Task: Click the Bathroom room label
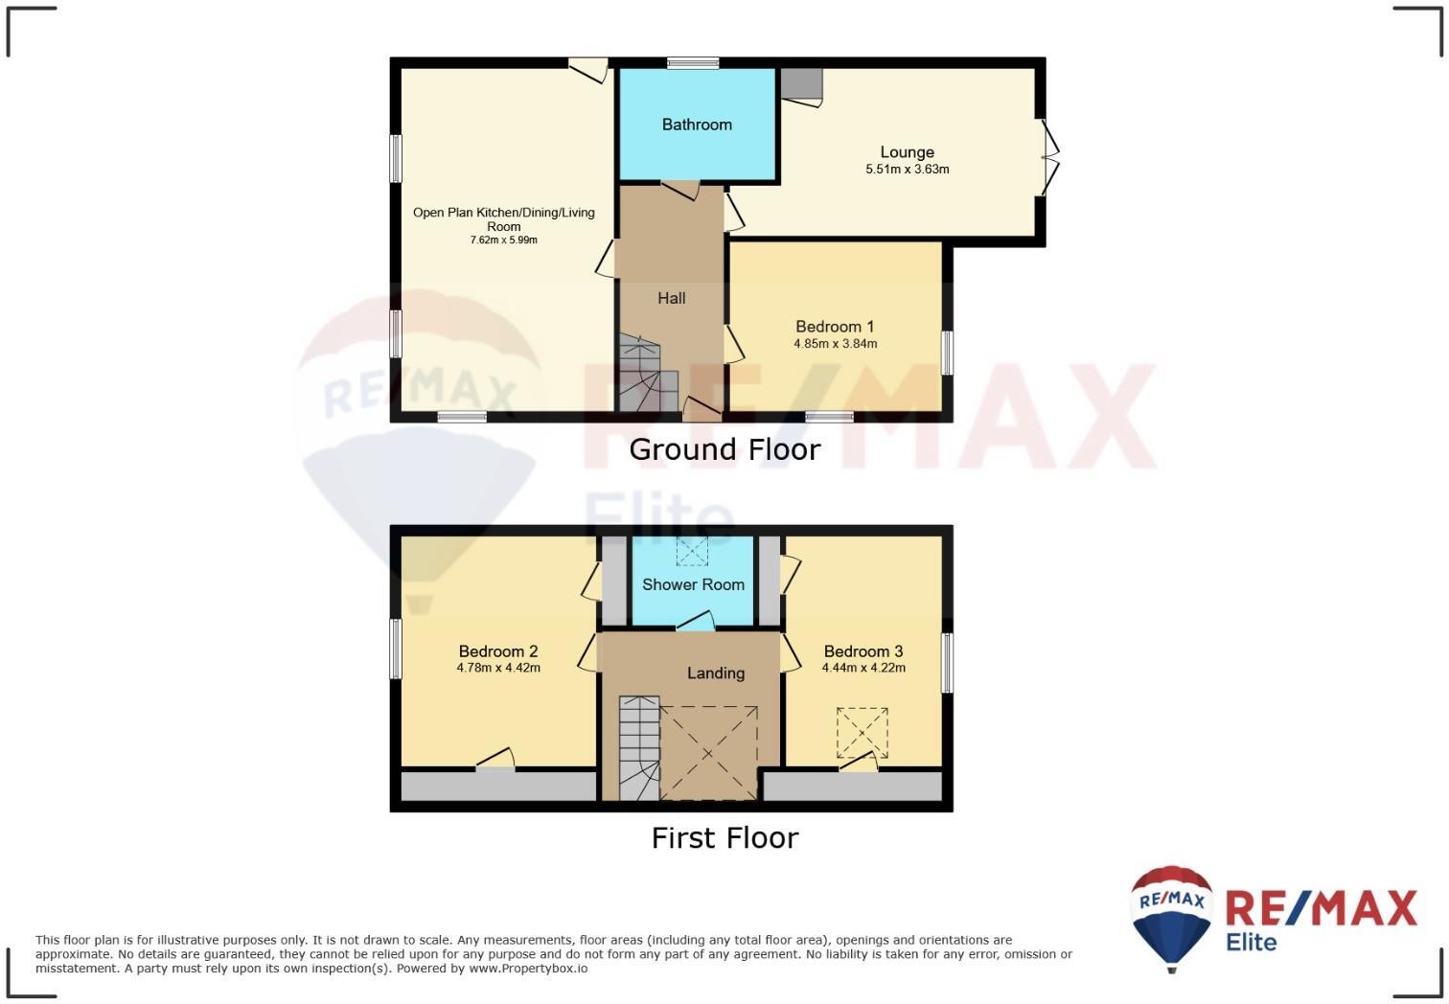click(x=697, y=125)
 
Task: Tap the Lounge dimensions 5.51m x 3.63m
click(x=907, y=170)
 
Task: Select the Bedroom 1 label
click(x=835, y=327)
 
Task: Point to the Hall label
click(x=672, y=299)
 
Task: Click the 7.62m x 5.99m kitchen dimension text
click(x=503, y=240)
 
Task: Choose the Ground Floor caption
click(x=724, y=449)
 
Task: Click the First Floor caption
click(x=724, y=838)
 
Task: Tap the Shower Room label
click(x=693, y=584)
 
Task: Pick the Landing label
click(x=716, y=673)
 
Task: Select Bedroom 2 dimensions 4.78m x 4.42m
click(x=498, y=668)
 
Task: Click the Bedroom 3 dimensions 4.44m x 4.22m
click(x=863, y=668)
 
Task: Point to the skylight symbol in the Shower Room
click(x=692, y=551)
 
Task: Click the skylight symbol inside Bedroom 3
click(x=862, y=733)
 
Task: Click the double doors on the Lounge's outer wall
click(x=1050, y=158)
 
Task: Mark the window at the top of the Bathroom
click(x=693, y=63)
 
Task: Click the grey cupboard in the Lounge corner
click(x=801, y=83)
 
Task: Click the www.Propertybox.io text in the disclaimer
click(x=528, y=969)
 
